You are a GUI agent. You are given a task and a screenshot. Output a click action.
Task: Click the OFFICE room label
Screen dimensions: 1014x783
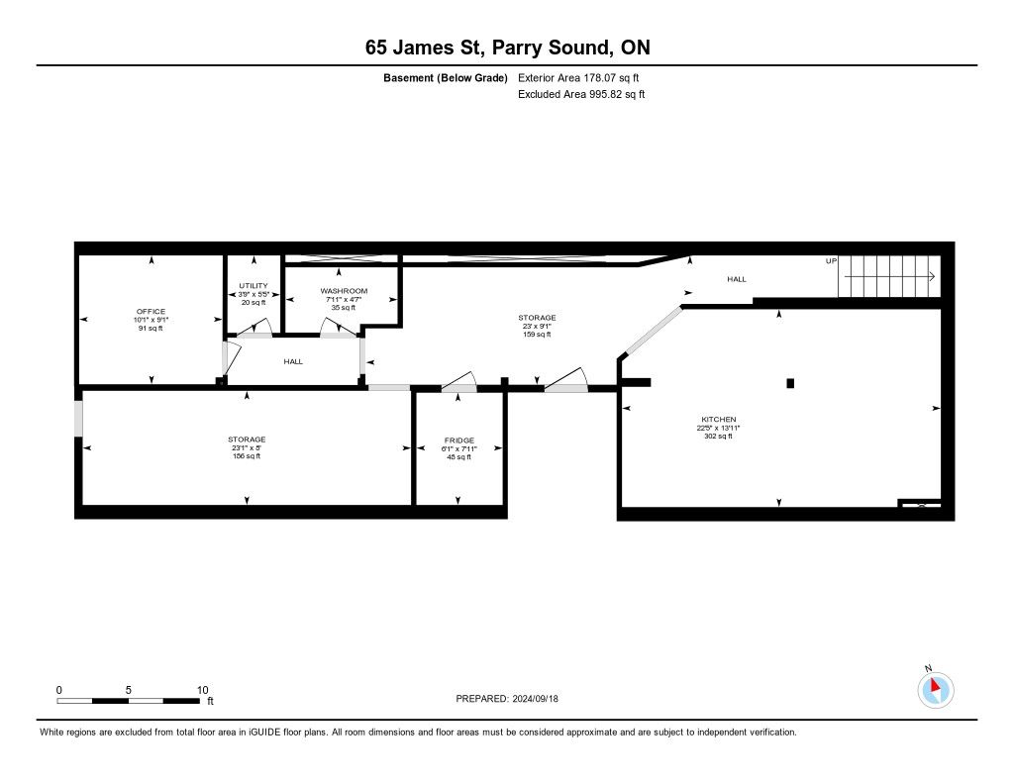151,311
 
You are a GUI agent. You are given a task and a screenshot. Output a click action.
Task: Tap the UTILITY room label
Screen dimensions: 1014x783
253,286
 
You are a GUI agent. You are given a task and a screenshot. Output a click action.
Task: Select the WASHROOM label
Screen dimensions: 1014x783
344,291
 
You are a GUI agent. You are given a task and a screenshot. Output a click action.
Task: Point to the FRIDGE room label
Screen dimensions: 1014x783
459,440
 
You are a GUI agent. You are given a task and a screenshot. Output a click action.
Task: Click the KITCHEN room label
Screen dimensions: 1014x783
719,419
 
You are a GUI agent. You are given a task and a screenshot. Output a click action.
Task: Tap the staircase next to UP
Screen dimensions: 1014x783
889,276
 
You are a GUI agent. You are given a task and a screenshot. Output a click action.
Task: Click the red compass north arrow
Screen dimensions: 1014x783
935,684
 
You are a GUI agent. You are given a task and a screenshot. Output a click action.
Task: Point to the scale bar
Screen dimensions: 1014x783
128,701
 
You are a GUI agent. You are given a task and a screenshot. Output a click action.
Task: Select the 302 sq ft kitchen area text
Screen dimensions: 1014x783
719,436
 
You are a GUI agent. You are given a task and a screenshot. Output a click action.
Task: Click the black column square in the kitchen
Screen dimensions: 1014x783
790,383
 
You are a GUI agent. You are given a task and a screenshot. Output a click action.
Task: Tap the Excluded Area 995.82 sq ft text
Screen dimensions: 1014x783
581,94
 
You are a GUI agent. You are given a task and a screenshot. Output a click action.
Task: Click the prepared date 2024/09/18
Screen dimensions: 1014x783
536,698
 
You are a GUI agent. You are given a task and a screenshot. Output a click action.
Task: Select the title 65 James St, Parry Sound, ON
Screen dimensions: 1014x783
508,48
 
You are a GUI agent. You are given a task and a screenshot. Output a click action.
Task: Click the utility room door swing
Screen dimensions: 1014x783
253,328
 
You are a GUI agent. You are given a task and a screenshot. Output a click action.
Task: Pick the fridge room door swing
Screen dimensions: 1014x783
459,381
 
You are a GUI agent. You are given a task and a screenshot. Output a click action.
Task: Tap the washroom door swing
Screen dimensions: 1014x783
339,328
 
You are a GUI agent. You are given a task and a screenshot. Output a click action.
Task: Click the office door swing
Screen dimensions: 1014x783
232,359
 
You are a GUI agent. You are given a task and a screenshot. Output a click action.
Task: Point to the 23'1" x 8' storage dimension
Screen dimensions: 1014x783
247,447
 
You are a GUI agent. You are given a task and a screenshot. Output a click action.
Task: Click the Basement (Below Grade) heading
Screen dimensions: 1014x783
446,78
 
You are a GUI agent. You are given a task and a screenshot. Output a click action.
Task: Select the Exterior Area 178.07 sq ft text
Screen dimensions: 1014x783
578,77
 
